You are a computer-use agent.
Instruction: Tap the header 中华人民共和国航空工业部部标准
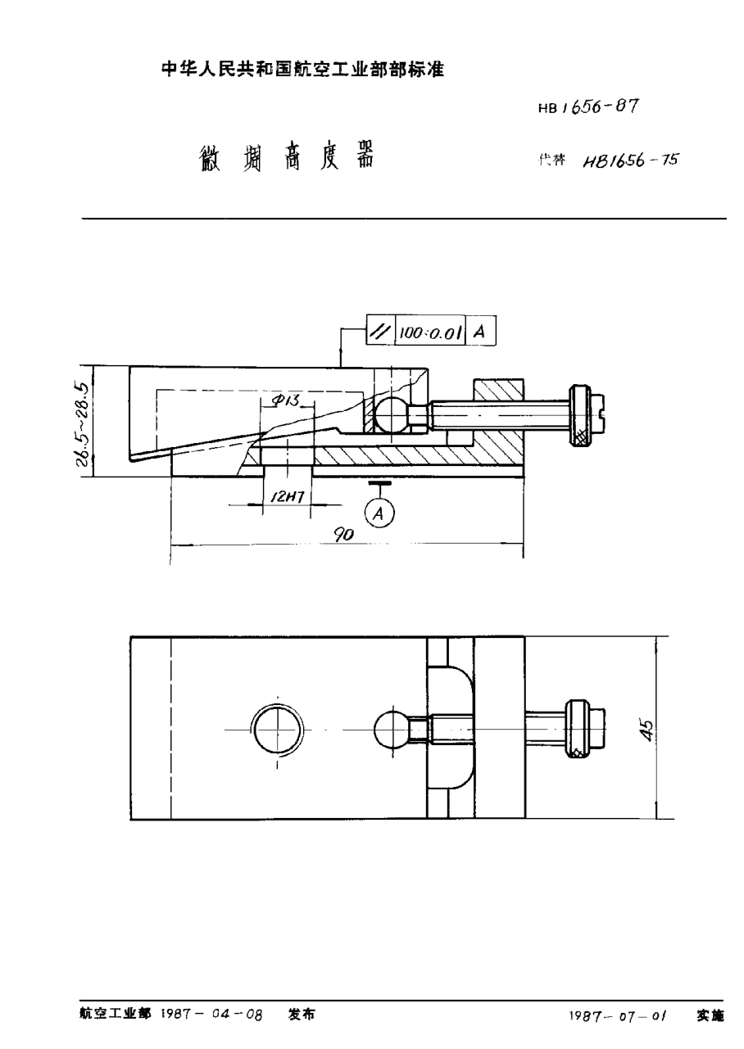pos(302,70)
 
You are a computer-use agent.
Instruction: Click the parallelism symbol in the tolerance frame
pos(379,332)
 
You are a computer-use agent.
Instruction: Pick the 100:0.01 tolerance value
pos(430,332)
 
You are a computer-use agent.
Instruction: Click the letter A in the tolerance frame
pos(481,332)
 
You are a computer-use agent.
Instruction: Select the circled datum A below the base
pos(379,513)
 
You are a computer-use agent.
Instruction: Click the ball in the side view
pos(391,415)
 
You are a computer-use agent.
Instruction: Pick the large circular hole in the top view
pos(278,727)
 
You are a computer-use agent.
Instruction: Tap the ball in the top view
pos(391,727)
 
